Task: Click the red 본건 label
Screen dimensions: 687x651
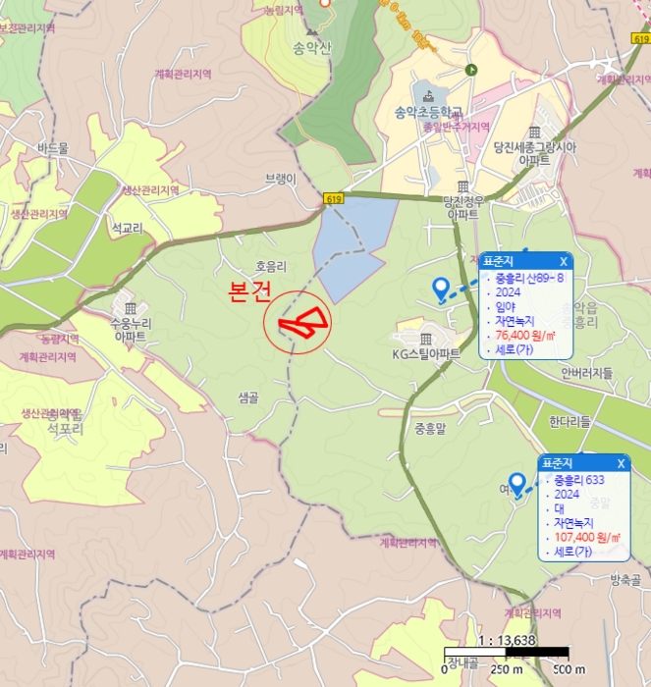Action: click(249, 291)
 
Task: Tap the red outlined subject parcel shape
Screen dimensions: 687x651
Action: click(300, 324)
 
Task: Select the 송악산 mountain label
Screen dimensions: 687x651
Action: click(312, 48)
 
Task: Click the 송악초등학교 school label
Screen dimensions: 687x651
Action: click(428, 111)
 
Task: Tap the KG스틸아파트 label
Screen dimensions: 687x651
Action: click(426, 354)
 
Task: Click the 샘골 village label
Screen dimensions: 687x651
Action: click(247, 397)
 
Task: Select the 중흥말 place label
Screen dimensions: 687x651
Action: click(430, 428)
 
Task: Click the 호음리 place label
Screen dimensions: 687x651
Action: click(270, 266)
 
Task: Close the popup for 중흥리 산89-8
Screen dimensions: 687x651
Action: click(563, 262)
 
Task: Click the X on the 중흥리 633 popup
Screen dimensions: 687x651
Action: click(621, 463)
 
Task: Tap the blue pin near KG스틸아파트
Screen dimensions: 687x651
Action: click(441, 287)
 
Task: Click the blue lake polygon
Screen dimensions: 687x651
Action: click(350, 250)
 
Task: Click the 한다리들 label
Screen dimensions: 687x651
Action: click(570, 422)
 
